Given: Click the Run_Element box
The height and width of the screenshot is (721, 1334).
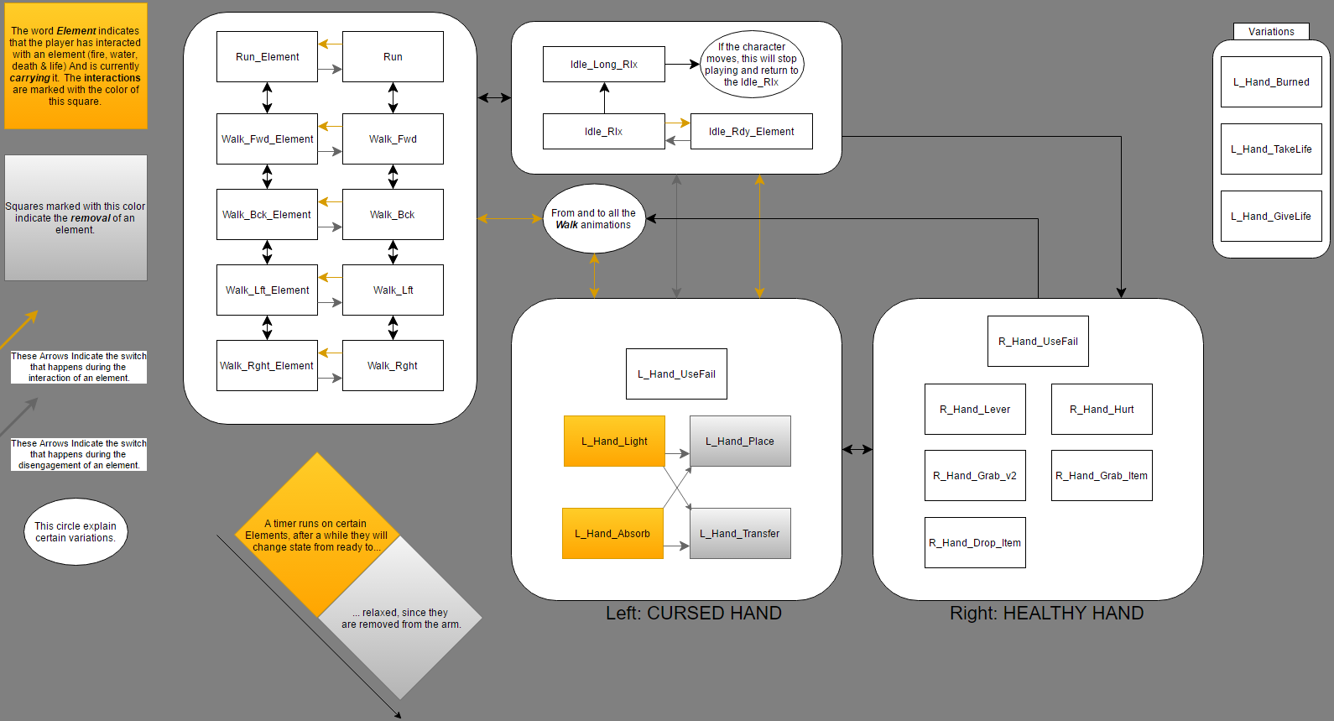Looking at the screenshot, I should click(x=267, y=57).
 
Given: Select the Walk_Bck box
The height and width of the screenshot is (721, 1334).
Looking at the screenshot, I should click(x=393, y=215).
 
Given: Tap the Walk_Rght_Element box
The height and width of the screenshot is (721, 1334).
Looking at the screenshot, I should click(x=267, y=366).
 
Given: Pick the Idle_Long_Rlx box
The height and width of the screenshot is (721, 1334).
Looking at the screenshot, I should click(x=604, y=65).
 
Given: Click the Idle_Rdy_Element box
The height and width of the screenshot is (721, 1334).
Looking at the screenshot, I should click(x=751, y=132).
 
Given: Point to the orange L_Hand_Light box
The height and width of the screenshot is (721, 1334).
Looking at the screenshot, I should click(x=614, y=441).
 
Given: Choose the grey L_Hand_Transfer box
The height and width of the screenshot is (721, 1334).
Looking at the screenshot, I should click(x=740, y=534).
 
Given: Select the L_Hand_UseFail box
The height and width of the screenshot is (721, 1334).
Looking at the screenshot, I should click(x=676, y=374).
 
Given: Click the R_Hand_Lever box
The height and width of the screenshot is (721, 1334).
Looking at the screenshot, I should click(x=975, y=410).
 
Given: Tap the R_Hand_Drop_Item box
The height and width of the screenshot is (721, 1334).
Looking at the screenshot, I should click(x=975, y=543).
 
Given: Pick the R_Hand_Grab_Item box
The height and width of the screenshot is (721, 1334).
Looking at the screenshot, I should click(x=1102, y=476).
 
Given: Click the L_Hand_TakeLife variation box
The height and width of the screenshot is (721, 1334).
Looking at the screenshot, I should click(x=1271, y=149).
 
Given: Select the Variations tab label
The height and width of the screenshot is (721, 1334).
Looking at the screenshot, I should click(x=1271, y=32).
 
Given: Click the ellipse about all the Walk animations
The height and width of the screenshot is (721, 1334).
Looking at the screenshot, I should click(x=594, y=219).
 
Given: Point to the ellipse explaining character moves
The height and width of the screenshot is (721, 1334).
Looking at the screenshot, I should click(x=752, y=65).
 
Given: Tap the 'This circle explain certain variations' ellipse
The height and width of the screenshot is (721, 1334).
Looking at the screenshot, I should click(x=76, y=532).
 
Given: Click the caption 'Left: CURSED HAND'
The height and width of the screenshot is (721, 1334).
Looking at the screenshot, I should click(x=693, y=614).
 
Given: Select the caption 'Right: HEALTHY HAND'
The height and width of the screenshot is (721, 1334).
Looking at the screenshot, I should click(x=1046, y=614).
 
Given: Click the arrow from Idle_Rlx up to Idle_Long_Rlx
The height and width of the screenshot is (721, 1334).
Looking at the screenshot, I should click(x=604, y=98).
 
